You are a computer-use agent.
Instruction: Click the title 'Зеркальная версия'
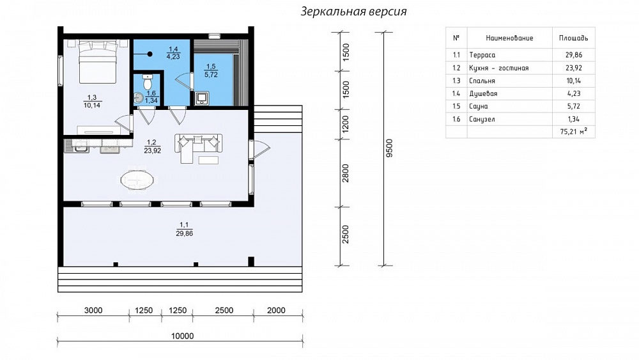[354, 12]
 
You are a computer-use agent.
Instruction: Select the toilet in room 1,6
[147, 82]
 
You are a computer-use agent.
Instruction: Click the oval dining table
[137, 180]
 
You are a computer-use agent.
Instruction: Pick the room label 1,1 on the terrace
[184, 224]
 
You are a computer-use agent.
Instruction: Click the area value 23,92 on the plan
[153, 150]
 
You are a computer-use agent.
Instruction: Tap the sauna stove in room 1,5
[202, 98]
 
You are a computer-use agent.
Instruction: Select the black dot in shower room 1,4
[150, 54]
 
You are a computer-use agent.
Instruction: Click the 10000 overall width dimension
[182, 336]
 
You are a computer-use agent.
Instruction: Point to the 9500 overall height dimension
[389, 148]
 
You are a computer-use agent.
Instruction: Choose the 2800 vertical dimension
[346, 173]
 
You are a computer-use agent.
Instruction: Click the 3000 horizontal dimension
[93, 310]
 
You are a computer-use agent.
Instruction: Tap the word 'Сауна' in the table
[479, 106]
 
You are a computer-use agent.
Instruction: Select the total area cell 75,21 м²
[574, 131]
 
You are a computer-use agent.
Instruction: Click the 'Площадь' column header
[573, 38]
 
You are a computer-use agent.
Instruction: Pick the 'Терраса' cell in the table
[482, 55]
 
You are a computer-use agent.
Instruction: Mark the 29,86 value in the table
[574, 55]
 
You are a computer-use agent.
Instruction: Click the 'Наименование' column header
[509, 38]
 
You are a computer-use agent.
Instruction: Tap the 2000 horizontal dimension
[276, 310]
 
